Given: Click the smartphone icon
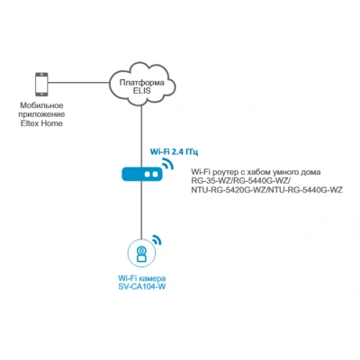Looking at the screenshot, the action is click(x=41, y=84).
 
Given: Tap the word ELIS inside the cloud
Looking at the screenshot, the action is click(x=141, y=91).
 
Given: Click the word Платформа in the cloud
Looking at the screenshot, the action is click(x=142, y=83).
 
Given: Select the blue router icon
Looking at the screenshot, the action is click(x=142, y=174).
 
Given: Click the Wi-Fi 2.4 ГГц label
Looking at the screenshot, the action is click(x=174, y=152).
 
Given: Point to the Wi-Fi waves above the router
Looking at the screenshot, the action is click(x=167, y=165).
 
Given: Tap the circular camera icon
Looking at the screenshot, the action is click(x=141, y=253).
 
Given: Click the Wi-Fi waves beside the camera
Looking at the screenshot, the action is click(x=157, y=239).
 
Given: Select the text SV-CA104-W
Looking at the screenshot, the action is click(x=141, y=287).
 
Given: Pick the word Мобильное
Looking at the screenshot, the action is click(x=41, y=105).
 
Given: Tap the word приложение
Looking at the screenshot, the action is click(x=41, y=114).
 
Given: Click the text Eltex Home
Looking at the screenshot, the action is click(x=41, y=123).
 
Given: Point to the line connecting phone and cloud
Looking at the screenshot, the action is click(x=78, y=83).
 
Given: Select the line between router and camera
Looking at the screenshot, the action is click(x=141, y=210).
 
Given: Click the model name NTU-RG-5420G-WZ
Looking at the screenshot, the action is click(x=229, y=190).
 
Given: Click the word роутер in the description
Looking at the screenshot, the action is click(x=223, y=173).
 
